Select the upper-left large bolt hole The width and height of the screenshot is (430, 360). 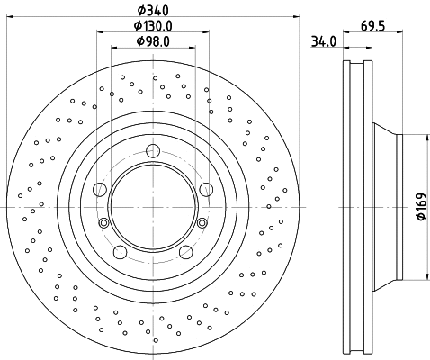tap(100, 189)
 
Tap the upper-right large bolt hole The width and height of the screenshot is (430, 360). tap(206, 188)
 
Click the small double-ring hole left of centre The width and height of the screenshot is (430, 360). tap(103, 224)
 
